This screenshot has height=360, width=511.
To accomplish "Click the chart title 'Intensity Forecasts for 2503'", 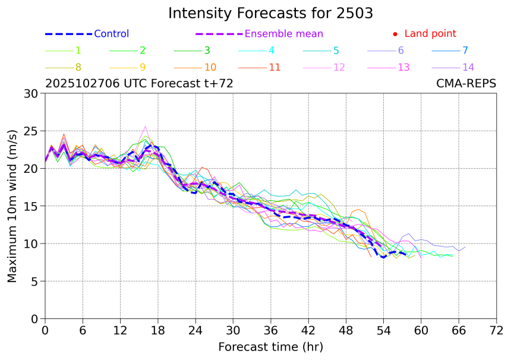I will pos(270,13).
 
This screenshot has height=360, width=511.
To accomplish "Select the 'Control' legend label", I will pos(111,34).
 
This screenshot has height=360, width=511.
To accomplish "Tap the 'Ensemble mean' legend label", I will pos(284,34).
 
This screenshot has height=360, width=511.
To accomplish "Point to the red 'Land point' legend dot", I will pos(396,34).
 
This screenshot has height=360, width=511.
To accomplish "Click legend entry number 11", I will pos(275,67).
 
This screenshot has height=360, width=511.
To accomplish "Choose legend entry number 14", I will pos(468,67).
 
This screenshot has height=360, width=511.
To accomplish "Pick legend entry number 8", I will pos(78,67).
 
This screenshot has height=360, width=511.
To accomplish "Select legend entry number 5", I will pos(336,50).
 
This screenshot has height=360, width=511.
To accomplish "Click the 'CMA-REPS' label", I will pos(466,84).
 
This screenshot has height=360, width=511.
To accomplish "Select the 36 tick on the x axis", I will pos(271,330).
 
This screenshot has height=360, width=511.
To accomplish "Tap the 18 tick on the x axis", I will pos(158,330).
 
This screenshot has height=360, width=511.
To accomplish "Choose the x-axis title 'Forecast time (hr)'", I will pos(270,346).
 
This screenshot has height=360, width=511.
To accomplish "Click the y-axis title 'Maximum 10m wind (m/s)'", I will pos(12,206).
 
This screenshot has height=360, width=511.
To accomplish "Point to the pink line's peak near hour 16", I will pos(146,126).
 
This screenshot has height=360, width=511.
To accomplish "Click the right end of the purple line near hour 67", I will pos(465,247).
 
